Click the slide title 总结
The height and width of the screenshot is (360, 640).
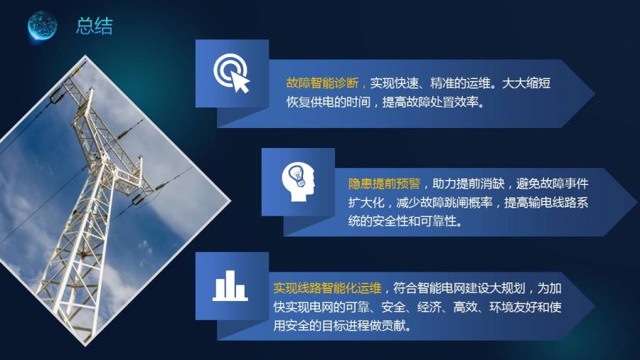[95, 26]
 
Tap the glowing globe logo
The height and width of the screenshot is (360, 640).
[42, 26]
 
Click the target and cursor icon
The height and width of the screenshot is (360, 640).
[231, 73]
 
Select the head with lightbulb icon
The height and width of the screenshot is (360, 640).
[299, 181]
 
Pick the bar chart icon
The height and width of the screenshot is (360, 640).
[230, 285]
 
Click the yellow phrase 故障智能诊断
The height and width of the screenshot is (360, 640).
[322, 83]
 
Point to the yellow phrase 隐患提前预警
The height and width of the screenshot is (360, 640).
[384, 184]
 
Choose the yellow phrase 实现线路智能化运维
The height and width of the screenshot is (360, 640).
[327, 288]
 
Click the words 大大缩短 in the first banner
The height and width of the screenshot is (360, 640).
[526, 83]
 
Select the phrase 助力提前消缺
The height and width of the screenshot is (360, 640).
[469, 184]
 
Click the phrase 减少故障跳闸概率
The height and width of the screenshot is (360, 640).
[444, 203]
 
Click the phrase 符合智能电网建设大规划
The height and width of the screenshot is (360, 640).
[459, 288]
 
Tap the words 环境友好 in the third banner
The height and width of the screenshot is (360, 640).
[513, 307]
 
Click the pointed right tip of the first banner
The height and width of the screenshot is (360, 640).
[594, 93]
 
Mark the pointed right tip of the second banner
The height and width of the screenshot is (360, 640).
[636, 202]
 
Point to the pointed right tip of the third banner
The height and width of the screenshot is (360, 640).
[594, 306]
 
